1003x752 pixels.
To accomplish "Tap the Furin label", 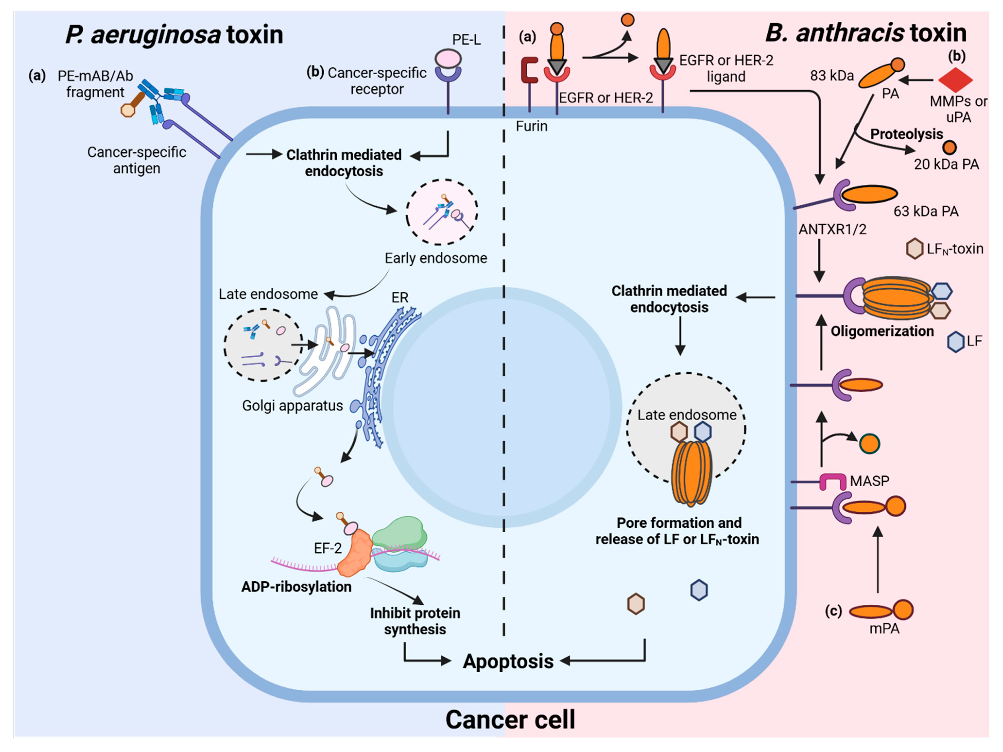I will click(x=532, y=126).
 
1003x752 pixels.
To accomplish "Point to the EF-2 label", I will click(x=327, y=549).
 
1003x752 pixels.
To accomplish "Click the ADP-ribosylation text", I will click(x=296, y=587).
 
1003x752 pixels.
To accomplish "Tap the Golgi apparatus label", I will click(x=292, y=405).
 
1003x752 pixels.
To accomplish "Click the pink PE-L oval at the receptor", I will click(x=448, y=59).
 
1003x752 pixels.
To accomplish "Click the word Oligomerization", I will click(x=882, y=331).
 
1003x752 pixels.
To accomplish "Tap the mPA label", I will click(x=884, y=629).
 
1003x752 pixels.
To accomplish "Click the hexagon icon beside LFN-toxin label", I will click(x=915, y=248).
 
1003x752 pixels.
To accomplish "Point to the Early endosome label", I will click(x=436, y=258).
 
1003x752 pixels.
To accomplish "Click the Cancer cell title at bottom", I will click(x=510, y=719).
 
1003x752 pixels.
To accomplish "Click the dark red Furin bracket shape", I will click(x=529, y=70).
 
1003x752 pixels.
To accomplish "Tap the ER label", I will click(x=400, y=297).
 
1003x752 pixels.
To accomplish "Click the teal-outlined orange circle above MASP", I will click(x=869, y=444).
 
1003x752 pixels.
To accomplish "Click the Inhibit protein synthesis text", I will click(x=415, y=621).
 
